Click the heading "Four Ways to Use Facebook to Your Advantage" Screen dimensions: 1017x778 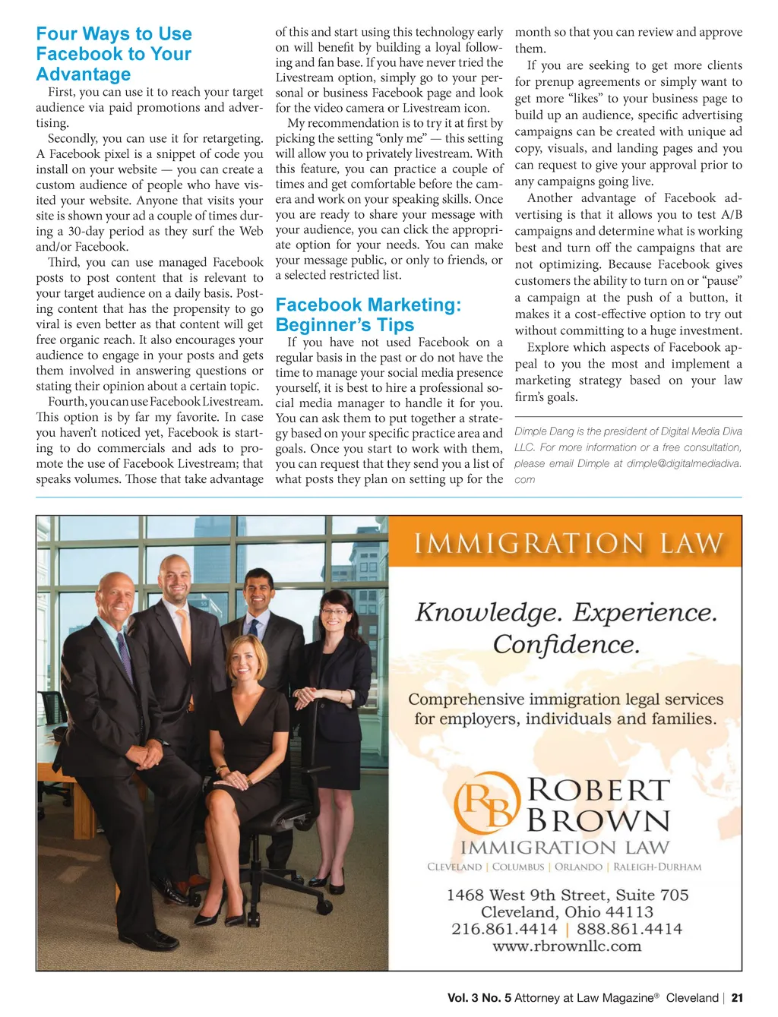[x=114, y=54]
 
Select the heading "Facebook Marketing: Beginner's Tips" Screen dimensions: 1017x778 [x=368, y=314]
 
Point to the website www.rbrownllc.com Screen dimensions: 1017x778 [x=567, y=946]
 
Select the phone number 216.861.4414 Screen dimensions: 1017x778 [x=504, y=929]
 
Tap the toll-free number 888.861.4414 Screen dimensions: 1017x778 [x=629, y=929]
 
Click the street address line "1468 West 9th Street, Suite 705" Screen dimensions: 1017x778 [x=567, y=895]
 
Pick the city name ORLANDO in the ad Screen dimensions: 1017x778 [x=578, y=867]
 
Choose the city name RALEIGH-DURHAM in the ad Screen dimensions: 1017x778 [x=657, y=867]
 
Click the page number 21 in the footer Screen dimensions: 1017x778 [x=737, y=998]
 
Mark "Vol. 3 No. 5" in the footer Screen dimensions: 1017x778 [x=479, y=998]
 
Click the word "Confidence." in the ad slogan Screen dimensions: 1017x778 [x=566, y=645]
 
